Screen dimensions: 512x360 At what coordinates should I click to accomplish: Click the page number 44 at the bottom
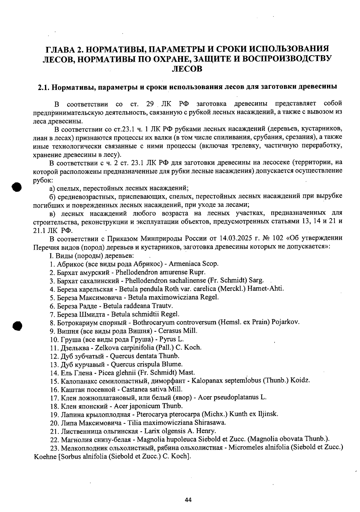coord(188,500)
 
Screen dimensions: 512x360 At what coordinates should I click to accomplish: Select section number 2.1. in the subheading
coord(44,87)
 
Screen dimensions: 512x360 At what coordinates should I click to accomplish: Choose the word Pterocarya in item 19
coord(150,414)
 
